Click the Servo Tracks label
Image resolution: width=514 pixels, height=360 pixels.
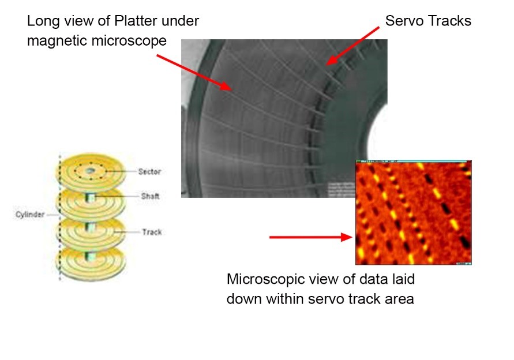pyautogui.click(x=428, y=21)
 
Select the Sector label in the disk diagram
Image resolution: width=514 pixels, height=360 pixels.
pyautogui.click(x=149, y=172)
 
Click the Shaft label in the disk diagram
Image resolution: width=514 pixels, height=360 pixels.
pyautogui.click(x=150, y=196)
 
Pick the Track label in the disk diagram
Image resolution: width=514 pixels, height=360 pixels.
pyautogui.click(x=152, y=232)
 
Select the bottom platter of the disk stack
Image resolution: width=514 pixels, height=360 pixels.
pyautogui.click(x=89, y=265)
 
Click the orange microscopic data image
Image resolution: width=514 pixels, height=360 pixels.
pyautogui.click(x=413, y=212)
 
